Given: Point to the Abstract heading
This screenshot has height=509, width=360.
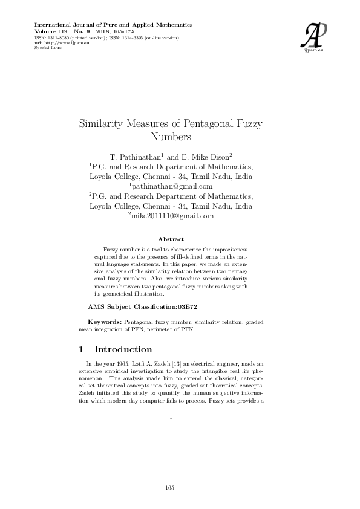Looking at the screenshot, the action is point(171,239).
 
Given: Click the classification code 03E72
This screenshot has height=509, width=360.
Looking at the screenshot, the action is point(185,307).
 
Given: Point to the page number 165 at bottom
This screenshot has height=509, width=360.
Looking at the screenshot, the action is point(171,487).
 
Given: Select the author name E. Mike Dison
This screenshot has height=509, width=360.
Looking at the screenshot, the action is point(199,157).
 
